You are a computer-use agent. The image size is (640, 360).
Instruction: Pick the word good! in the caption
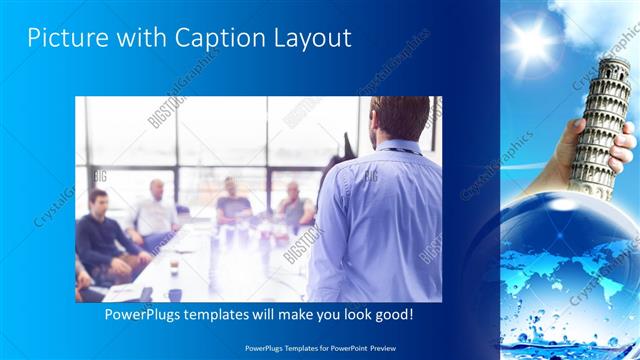pos(391,315)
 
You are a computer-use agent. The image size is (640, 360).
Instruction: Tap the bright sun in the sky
pos(530,42)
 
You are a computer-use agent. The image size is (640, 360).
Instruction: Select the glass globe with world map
pos(565,265)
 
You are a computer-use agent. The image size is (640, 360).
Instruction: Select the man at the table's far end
pos(232,200)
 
